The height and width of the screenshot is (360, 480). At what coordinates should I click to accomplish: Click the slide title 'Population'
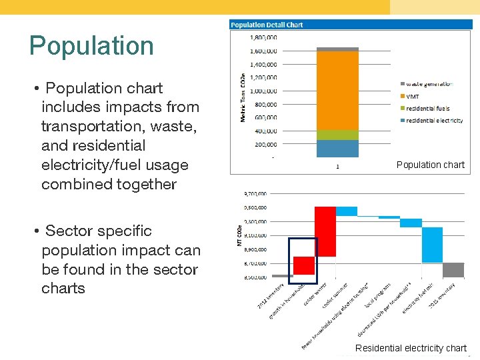(x=91, y=45)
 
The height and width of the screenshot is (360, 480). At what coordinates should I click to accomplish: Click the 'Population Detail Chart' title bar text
(x=267, y=25)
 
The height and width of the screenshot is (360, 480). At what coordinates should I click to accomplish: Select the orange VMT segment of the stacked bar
(x=337, y=90)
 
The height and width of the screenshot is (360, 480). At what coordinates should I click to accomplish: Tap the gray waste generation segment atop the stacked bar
(x=337, y=49)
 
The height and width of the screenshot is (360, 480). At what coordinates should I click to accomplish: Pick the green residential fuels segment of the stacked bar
(x=337, y=135)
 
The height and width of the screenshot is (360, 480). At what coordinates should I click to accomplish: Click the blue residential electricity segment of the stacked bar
(x=337, y=148)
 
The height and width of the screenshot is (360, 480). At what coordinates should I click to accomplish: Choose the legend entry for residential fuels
(x=427, y=108)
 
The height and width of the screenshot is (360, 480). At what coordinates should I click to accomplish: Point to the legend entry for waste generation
(x=428, y=84)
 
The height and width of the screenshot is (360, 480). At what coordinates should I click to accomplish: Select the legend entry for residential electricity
(x=433, y=120)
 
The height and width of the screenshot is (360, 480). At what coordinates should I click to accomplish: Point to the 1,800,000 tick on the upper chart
(x=263, y=37)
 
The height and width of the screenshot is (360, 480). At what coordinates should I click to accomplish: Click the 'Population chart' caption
(x=430, y=165)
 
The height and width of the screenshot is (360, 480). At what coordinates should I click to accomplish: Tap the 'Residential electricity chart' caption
(x=411, y=348)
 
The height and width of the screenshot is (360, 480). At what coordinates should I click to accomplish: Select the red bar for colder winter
(x=325, y=231)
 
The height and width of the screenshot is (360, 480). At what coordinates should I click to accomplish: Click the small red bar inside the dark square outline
(x=304, y=265)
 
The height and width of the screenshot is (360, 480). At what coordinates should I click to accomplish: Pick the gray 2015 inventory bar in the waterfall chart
(x=453, y=270)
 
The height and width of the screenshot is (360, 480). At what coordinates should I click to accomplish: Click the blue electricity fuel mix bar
(x=432, y=245)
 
